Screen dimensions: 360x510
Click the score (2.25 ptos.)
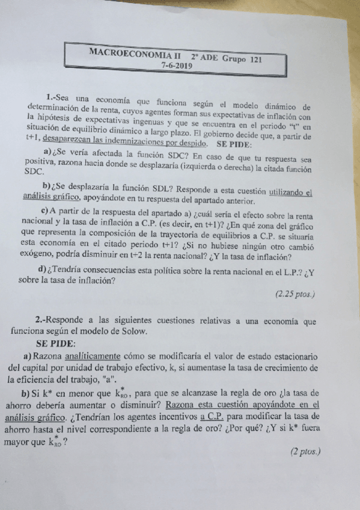pyautogui.click(x=294, y=294)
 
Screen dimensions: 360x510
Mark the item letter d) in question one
pyautogui.click(x=43, y=268)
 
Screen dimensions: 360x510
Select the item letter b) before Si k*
pyautogui.click(x=26, y=393)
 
